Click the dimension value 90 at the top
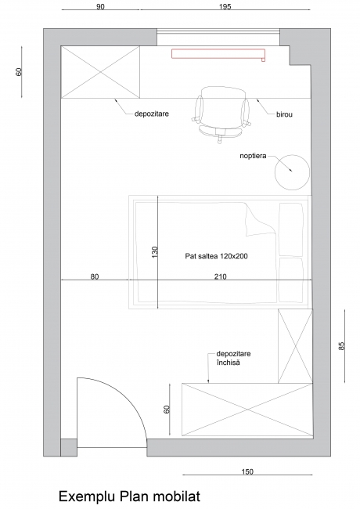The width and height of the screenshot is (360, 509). [x=100, y=6]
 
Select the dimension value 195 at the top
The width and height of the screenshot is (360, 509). [x=225, y=6]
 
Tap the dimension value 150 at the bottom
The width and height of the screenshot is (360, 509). [x=247, y=471]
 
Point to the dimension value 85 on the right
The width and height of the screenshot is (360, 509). [x=341, y=345]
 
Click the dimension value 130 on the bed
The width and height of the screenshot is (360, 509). [x=154, y=252]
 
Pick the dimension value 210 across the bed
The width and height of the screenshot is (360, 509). [x=220, y=276]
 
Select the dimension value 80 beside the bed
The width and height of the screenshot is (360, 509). [x=95, y=276]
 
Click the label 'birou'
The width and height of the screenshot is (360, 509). [x=284, y=114]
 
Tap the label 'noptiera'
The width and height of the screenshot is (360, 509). [x=253, y=156]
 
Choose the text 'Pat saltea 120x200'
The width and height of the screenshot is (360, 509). [x=216, y=256]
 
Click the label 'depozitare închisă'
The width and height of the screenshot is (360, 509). [x=233, y=358]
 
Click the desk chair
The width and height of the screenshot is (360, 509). [x=221, y=114]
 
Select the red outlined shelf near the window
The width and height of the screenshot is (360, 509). [x=218, y=54]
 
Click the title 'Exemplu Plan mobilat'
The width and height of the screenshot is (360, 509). [x=129, y=496]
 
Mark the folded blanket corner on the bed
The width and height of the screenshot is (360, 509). [x=261, y=220]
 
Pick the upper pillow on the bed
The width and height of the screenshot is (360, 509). [x=291, y=229]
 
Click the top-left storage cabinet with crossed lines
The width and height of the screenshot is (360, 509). [x=100, y=72]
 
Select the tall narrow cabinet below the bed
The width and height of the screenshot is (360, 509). [x=295, y=346]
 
